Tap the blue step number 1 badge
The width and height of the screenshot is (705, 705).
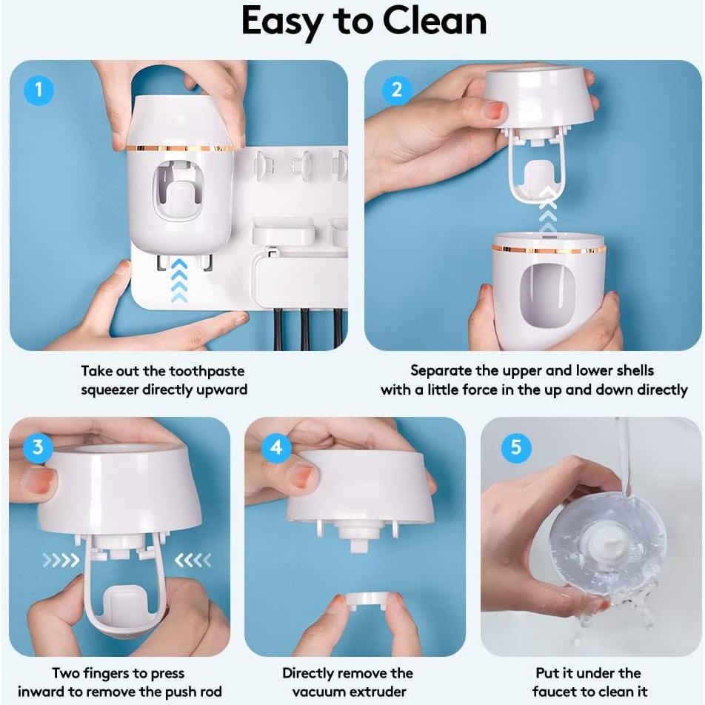coord(39,90)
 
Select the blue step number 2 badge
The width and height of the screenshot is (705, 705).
coord(397,90)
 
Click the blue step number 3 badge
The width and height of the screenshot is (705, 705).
coord(39,448)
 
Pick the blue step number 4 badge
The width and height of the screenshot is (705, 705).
coord(277,448)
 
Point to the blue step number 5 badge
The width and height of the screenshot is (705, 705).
coord(516,448)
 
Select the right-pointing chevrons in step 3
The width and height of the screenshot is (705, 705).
coord(60,561)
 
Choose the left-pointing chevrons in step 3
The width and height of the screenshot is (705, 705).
coord(194,561)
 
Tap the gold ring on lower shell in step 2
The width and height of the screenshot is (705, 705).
coord(548,249)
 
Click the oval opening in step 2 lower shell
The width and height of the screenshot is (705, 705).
coord(549,296)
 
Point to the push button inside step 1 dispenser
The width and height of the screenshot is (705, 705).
coord(181,200)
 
